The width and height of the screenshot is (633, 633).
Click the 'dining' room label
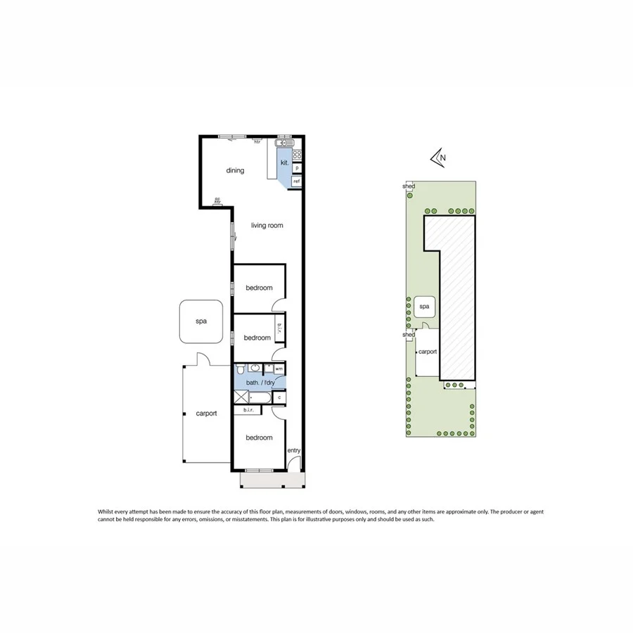235,170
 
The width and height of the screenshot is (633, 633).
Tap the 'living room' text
267,226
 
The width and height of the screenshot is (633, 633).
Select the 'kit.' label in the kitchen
285,163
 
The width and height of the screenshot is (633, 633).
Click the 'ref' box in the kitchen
297,181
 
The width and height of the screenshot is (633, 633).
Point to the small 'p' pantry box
298,168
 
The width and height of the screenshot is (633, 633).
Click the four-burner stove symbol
298,155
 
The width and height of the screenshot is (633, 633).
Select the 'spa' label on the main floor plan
201,321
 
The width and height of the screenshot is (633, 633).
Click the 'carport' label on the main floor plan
206,414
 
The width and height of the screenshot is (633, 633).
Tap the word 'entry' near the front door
293,451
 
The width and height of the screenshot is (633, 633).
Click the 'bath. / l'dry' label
261,382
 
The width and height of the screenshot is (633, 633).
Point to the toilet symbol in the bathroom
241,369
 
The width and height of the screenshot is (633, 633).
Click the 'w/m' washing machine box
279,369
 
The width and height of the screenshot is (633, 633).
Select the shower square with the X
241,397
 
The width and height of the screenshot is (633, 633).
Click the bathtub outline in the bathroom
260,398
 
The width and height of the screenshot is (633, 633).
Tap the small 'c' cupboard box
280,398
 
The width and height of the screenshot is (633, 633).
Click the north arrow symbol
439,158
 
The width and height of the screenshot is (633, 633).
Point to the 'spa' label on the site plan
424,307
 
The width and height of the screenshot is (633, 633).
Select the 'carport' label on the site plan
428,352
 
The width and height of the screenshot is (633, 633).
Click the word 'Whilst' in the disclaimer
106,512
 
